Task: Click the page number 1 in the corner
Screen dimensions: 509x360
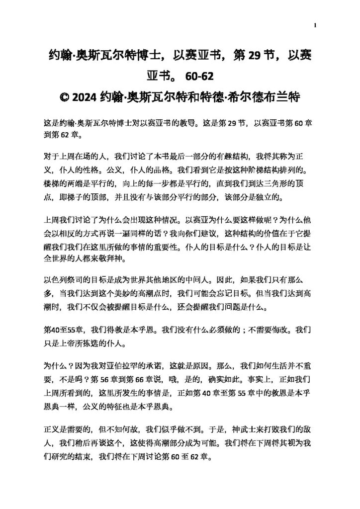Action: pos(315,25)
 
